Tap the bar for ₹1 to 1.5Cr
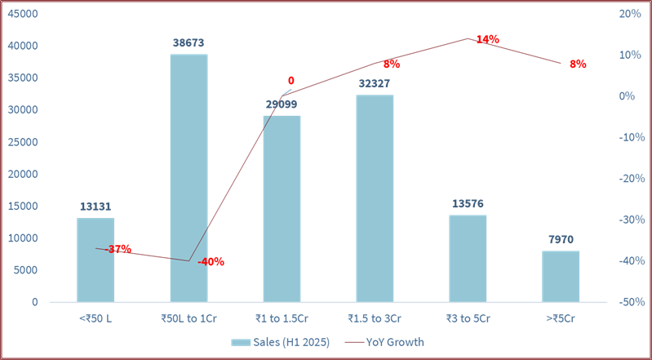pyautogui.click(x=282, y=208)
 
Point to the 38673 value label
pyautogui.click(x=189, y=43)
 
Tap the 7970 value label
pyautogui.click(x=561, y=240)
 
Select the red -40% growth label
pyautogui.click(x=211, y=262)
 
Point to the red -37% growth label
pyautogui.click(x=119, y=248)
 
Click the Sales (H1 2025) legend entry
pyautogui.click(x=281, y=342)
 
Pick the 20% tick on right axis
pyautogui.click(x=629, y=14)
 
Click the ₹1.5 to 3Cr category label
pyautogui.click(x=375, y=318)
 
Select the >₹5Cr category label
pyautogui.click(x=561, y=318)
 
